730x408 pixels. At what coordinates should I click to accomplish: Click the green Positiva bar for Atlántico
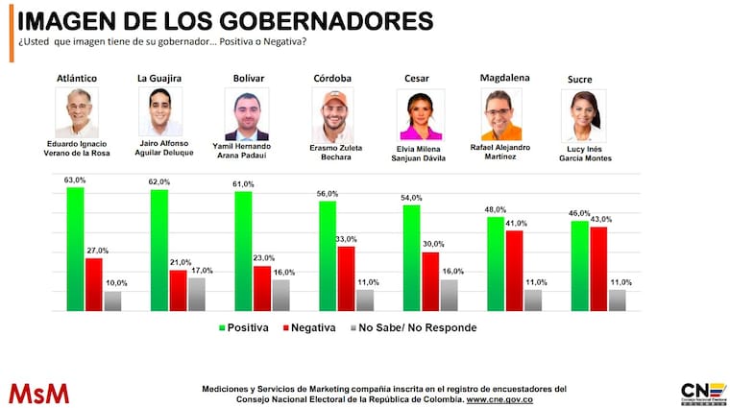[x=75, y=249]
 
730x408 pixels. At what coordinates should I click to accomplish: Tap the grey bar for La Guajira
[x=196, y=294]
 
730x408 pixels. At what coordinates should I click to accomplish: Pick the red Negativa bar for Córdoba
[x=346, y=278]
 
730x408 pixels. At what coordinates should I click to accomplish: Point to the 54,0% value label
[x=411, y=198]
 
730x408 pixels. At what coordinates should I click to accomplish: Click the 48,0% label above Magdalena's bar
[x=496, y=210]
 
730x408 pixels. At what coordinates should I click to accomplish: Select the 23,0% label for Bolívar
[x=264, y=258]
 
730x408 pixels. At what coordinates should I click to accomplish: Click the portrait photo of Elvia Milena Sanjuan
[x=419, y=115]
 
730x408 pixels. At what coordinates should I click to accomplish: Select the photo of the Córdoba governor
[x=332, y=115]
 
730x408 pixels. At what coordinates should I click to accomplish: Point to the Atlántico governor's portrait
[x=78, y=113]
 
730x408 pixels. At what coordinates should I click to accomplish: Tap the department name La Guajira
[x=161, y=76]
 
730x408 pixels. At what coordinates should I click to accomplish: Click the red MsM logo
[x=38, y=393]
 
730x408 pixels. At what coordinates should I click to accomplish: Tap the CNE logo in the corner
[x=695, y=393]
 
